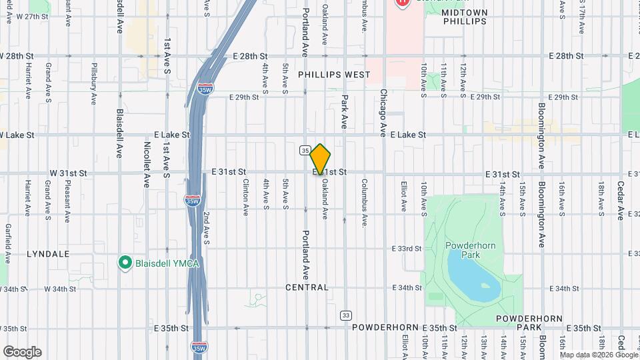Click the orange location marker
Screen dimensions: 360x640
(321, 159)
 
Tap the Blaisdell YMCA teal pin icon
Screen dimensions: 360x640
(124, 263)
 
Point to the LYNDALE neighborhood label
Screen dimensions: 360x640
(48, 254)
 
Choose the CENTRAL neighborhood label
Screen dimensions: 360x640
(307, 287)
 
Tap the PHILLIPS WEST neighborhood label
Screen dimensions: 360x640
(334, 75)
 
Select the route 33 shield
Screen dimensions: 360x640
(345, 315)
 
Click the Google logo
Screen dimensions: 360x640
(22, 352)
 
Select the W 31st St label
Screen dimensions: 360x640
(69, 173)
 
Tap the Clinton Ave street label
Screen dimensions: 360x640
(245, 193)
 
